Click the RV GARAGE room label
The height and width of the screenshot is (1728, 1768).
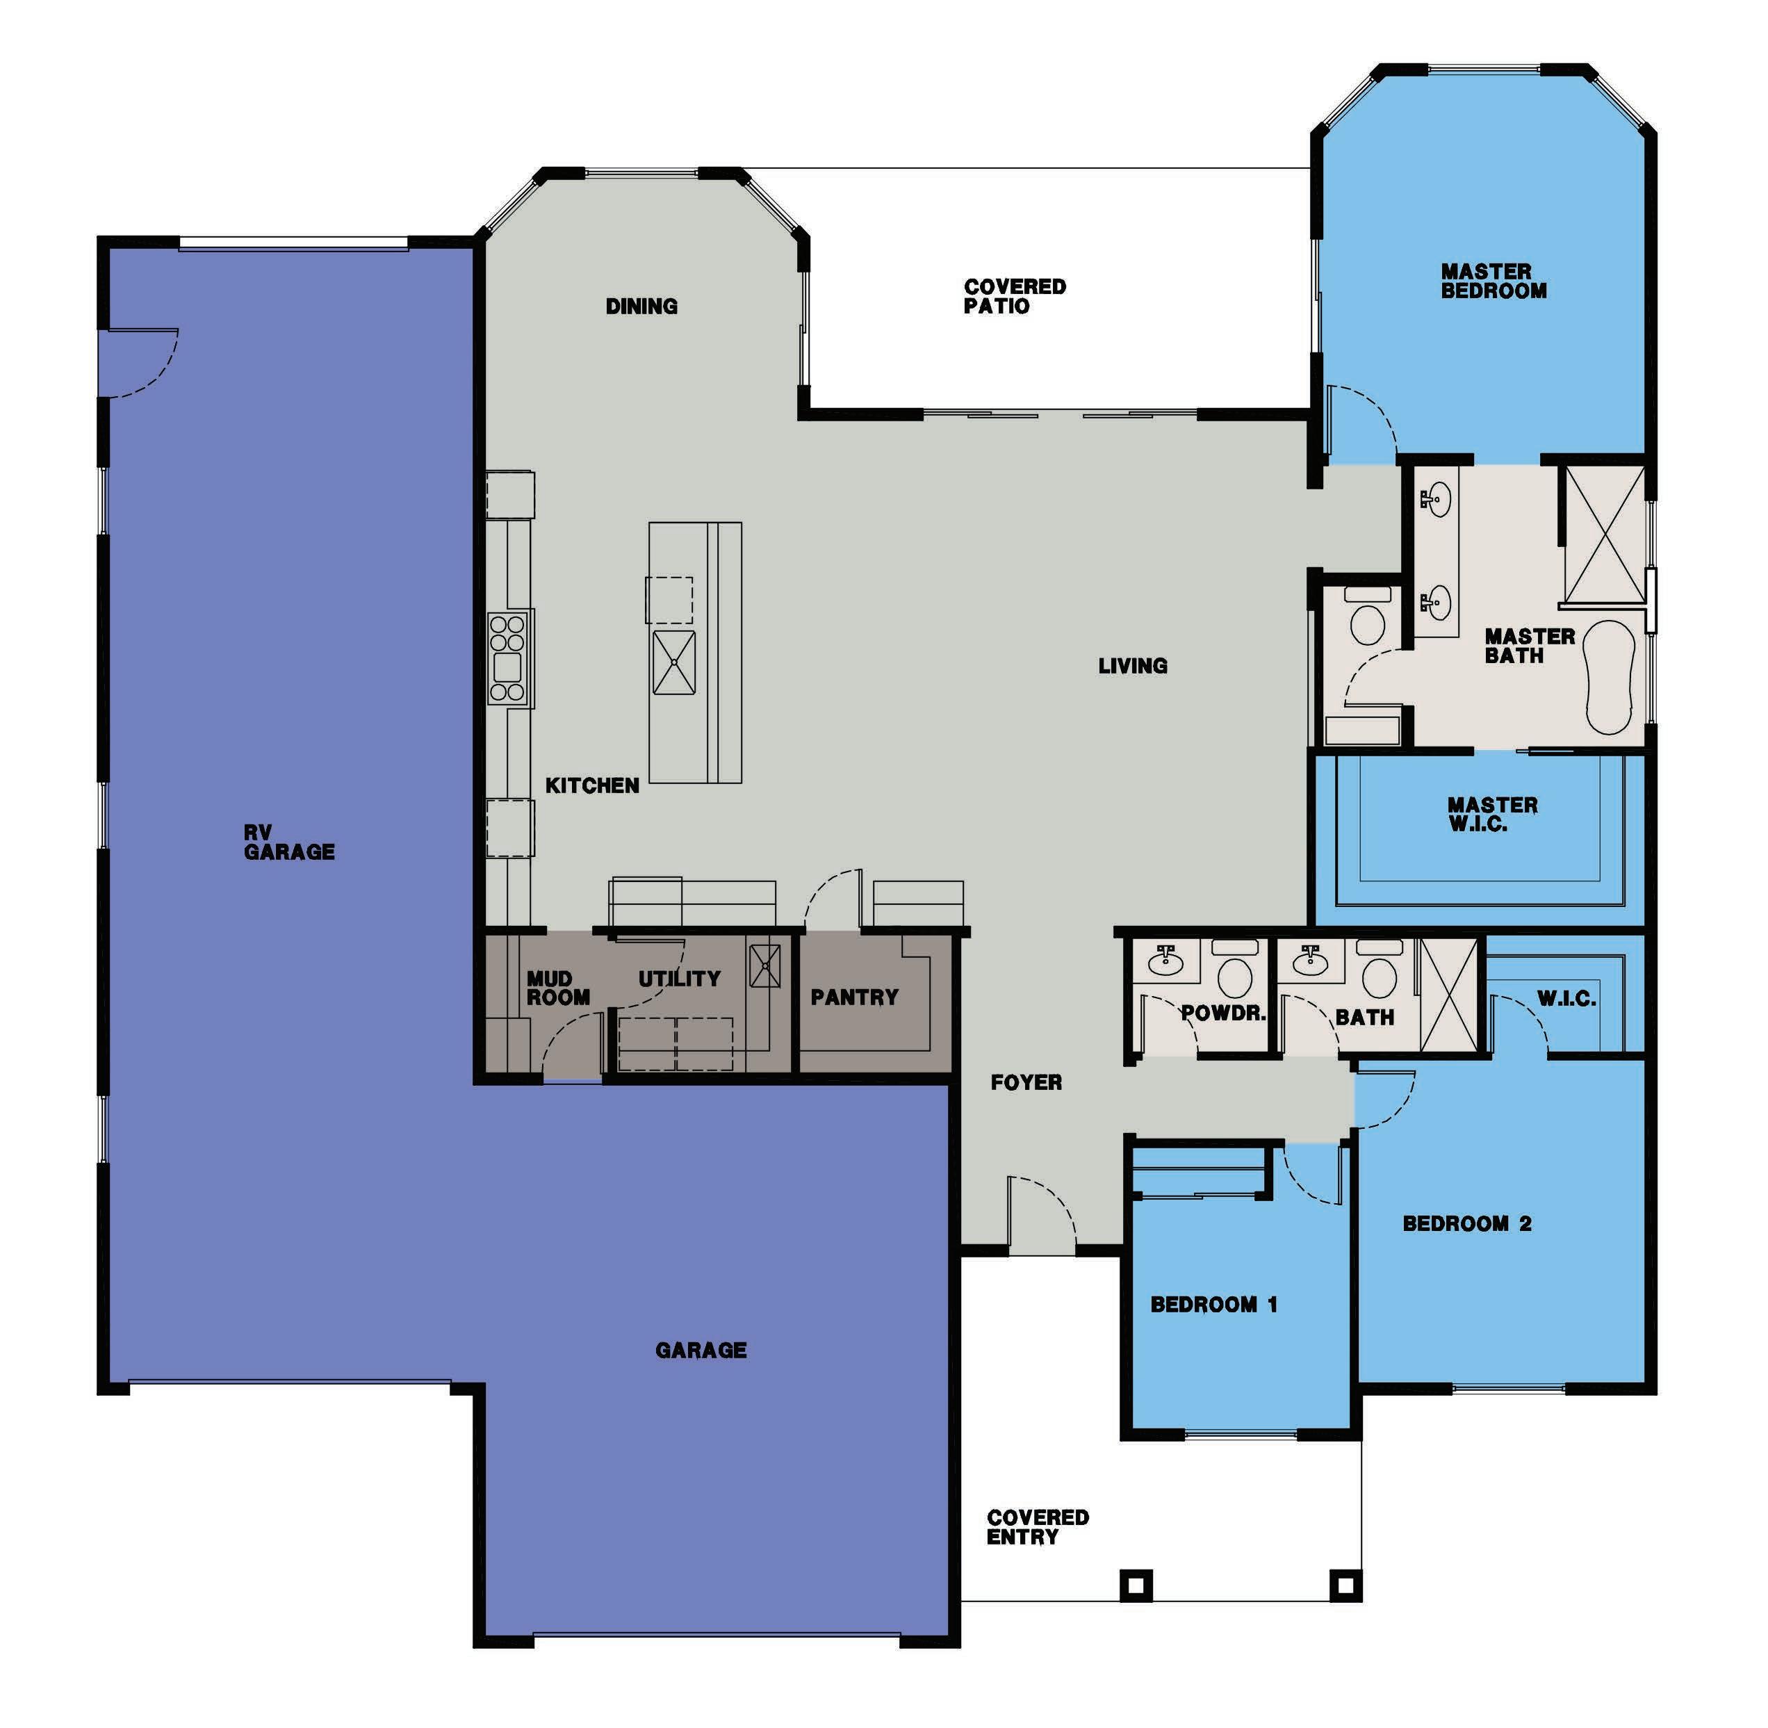(290, 843)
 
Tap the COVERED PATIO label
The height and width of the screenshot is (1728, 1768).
(1015, 297)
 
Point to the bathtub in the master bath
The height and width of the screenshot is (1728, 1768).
(1609, 677)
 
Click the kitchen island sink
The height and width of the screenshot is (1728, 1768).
(674, 662)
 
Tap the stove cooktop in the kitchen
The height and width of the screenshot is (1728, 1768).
(507, 658)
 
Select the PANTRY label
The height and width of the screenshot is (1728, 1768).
(854, 997)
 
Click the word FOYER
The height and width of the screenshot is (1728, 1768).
(1026, 1082)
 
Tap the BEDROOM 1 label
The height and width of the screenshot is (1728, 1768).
(1213, 1304)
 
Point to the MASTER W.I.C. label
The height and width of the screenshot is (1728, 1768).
(1492, 814)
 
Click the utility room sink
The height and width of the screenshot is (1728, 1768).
(764, 965)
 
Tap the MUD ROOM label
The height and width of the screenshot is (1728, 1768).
(558, 988)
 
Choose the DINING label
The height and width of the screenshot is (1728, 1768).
(641, 307)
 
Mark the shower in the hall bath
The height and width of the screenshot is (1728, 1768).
(1448, 995)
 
